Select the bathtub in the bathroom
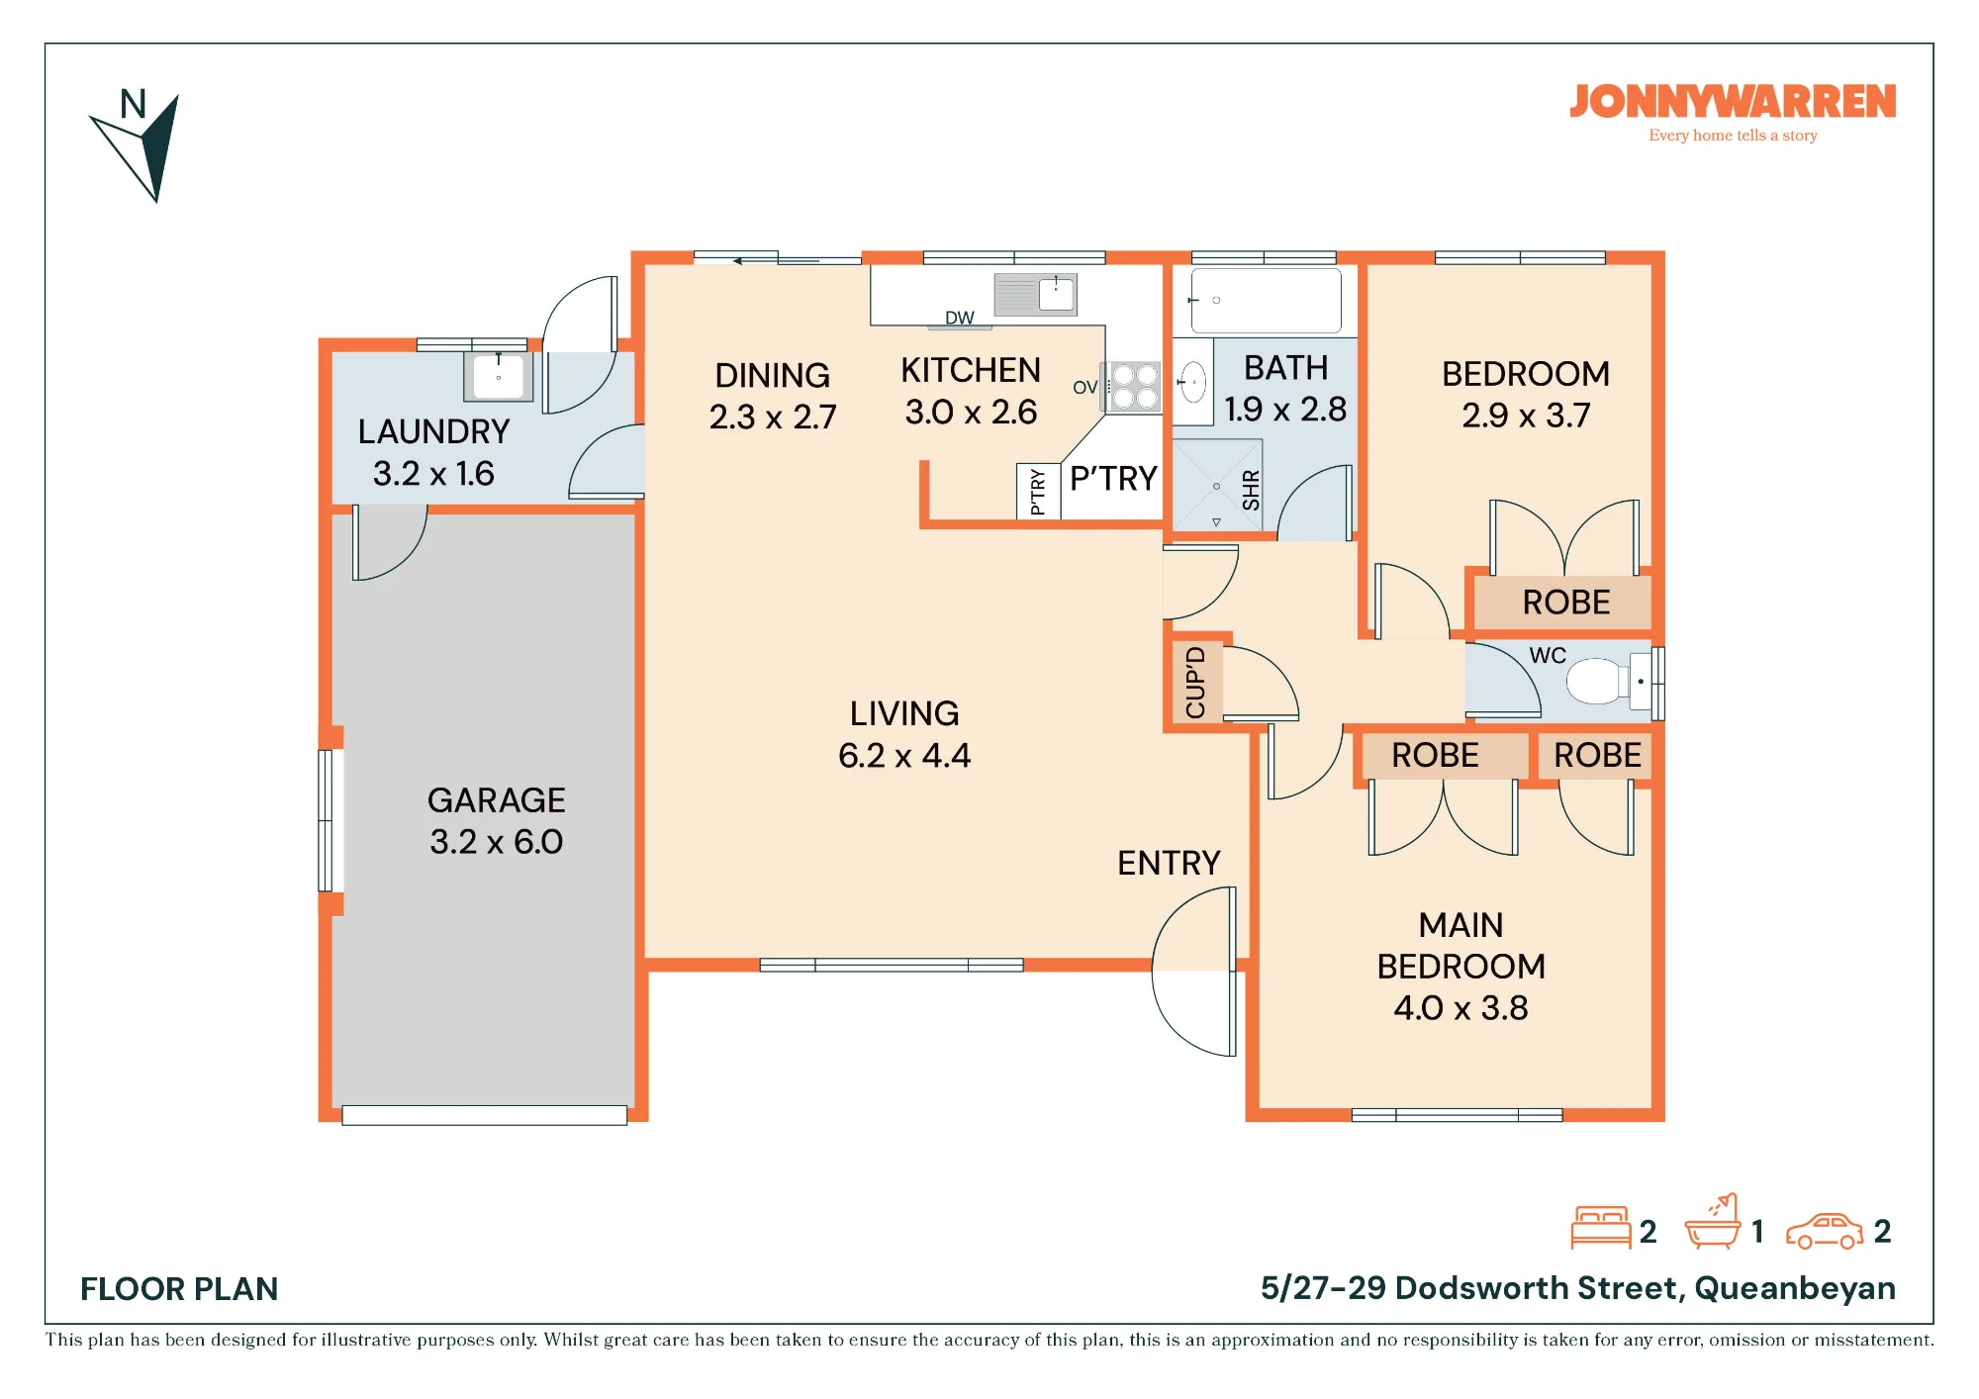(x=1266, y=300)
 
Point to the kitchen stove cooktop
(x=1134, y=387)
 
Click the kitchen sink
(x=1035, y=295)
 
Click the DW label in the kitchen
(x=960, y=318)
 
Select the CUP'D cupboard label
(x=1195, y=683)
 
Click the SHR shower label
(x=1251, y=491)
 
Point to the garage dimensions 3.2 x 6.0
(x=497, y=842)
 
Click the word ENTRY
(x=1169, y=863)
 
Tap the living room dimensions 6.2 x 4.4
(x=904, y=756)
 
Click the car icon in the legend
(x=1824, y=1231)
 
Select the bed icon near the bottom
(x=1601, y=1228)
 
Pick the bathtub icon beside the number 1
(x=1712, y=1223)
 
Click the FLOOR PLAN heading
(x=179, y=1289)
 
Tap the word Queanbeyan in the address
(x=1795, y=1288)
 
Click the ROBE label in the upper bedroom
(x=1566, y=603)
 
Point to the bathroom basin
(x=1194, y=382)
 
